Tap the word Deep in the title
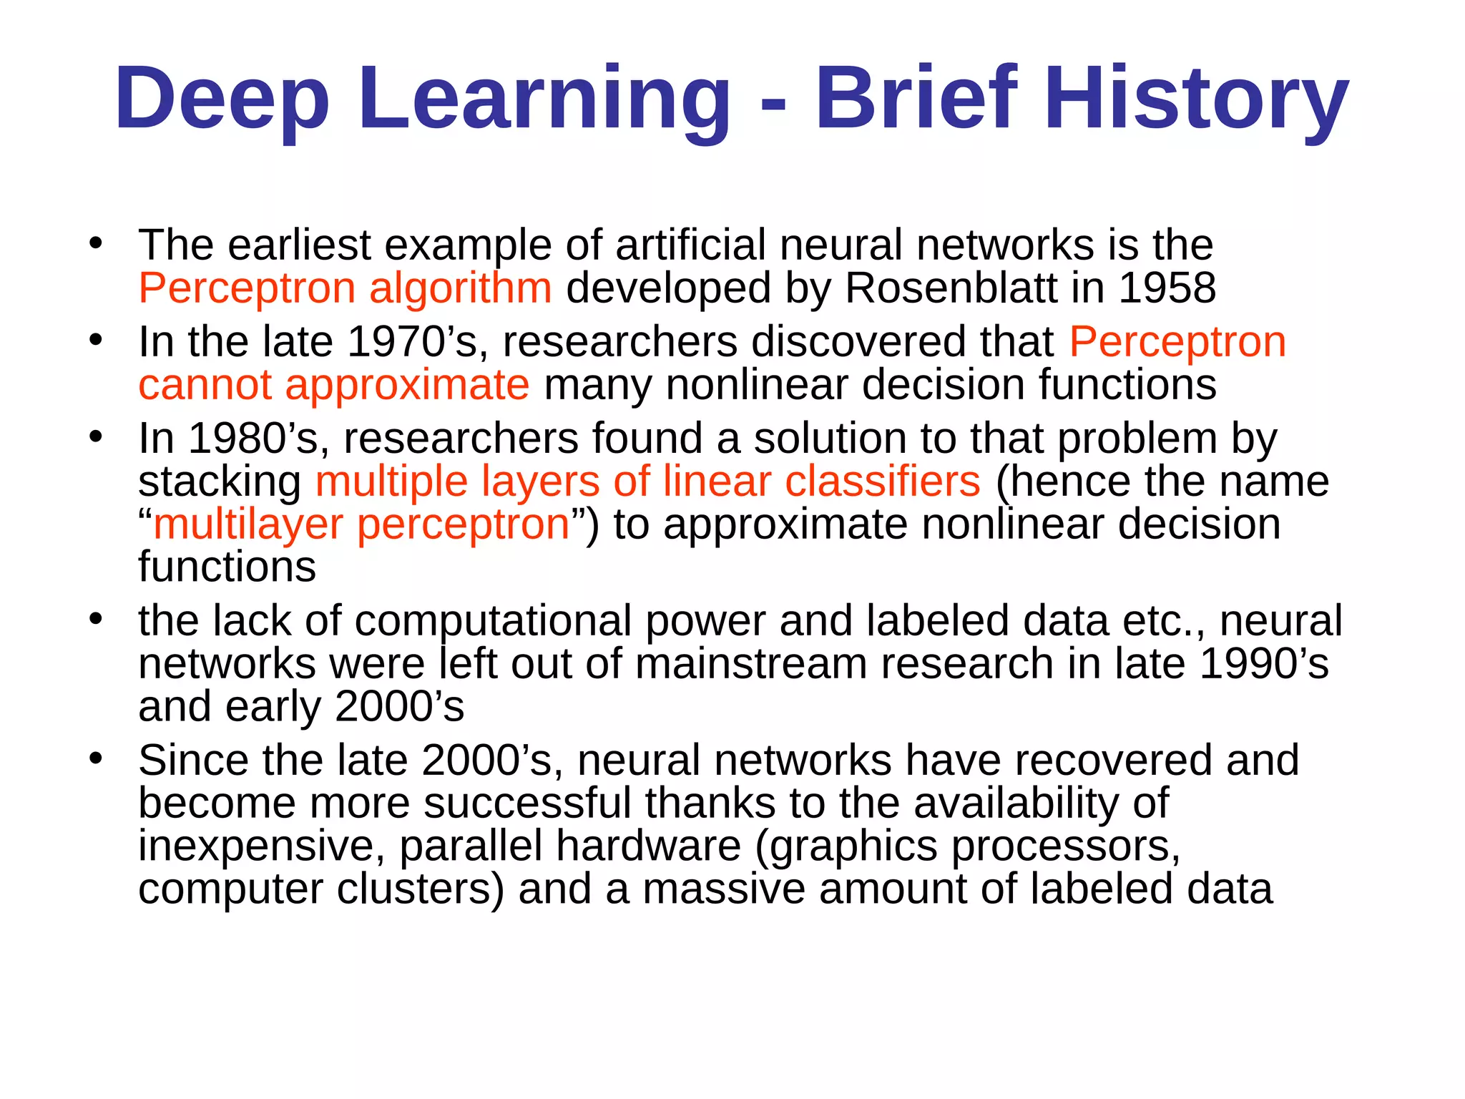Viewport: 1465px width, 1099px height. pos(222,98)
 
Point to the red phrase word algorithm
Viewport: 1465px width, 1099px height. pos(460,289)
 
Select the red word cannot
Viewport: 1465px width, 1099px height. pos(205,385)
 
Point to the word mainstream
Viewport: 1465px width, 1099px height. pos(750,664)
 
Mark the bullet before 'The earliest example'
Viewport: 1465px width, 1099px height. pos(96,244)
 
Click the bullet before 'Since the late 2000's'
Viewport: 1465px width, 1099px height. pos(96,758)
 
